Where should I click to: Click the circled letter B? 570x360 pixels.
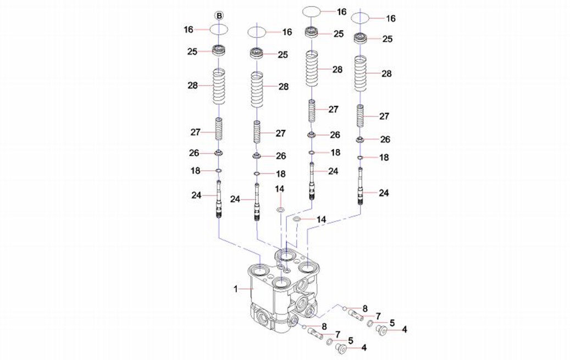[219, 15]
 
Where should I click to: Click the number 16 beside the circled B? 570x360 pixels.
[189, 30]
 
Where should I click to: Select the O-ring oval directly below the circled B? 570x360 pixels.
[219, 30]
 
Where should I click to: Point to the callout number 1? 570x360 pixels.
[236, 289]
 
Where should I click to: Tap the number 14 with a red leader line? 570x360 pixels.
[322, 220]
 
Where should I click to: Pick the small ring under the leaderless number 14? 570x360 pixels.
[280, 210]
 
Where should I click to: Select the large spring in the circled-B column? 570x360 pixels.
[219, 86]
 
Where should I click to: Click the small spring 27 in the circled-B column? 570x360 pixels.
[219, 130]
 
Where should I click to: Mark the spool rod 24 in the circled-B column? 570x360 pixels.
[219, 199]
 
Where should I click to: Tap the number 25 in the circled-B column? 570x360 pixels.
[192, 52]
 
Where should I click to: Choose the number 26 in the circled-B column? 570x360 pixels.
[194, 153]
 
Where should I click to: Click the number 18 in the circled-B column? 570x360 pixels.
[196, 170]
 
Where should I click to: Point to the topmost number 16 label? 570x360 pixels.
[341, 12]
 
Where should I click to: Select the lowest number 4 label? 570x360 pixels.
[364, 347]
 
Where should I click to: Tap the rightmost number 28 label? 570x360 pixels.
[386, 74]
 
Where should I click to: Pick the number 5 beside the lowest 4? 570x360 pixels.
[351, 340]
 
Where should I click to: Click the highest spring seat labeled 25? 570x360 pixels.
[312, 32]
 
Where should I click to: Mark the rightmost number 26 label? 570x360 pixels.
[385, 139]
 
